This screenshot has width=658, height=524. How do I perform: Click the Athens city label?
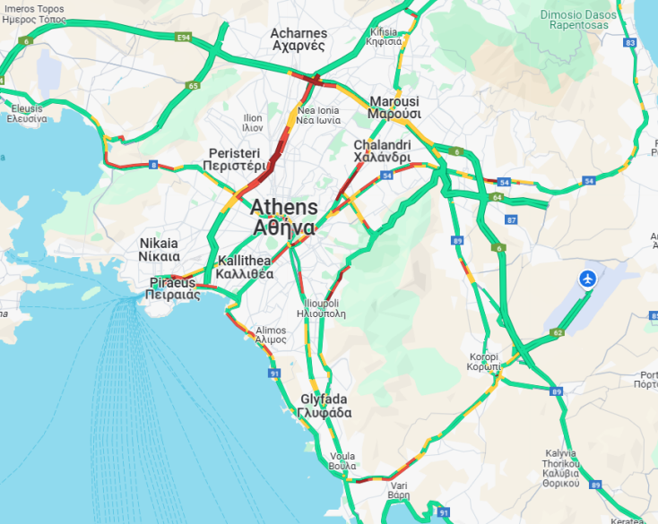tap(283, 216)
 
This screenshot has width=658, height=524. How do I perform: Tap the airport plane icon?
tap(589, 279)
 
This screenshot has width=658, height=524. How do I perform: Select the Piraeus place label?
tap(172, 288)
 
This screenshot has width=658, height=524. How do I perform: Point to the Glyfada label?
tap(325, 406)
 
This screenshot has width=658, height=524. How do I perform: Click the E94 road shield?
tap(185, 37)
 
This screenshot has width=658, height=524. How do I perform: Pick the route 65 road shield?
tap(194, 85)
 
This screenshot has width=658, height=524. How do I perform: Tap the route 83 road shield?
tap(630, 43)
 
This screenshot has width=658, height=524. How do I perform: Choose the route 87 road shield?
tap(511, 219)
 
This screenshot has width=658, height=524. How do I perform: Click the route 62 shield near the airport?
tap(558, 332)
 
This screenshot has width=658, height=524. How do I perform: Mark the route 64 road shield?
tap(497, 197)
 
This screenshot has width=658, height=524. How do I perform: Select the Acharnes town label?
tap(299, 39)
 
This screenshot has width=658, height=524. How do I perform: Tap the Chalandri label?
tap(382, 150)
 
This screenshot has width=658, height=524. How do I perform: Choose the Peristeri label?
tap(233, 159)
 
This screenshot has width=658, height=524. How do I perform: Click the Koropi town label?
tap(484, 362)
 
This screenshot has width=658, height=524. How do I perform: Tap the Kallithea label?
tap(245, 268)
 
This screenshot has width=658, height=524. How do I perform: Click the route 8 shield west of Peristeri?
tap(153, 165)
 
